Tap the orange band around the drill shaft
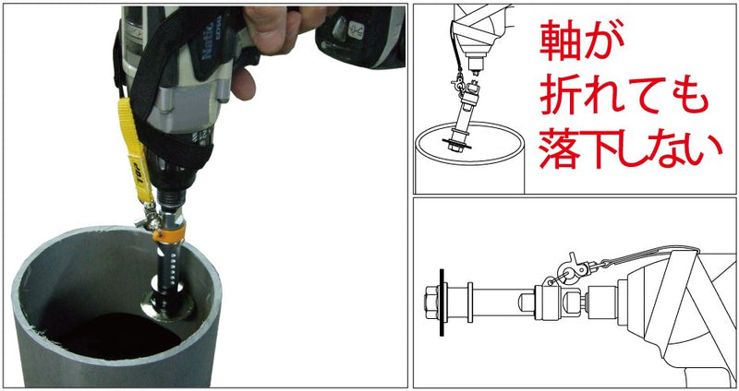coord(169,232)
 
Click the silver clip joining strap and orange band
coord(147,220)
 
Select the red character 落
coord(560,148)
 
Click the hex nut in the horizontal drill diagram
coord(431,302)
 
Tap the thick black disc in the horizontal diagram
coord(442,302)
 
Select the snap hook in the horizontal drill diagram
coord(572,268)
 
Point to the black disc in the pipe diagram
coord(456,144)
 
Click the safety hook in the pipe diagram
coord(459,85)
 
